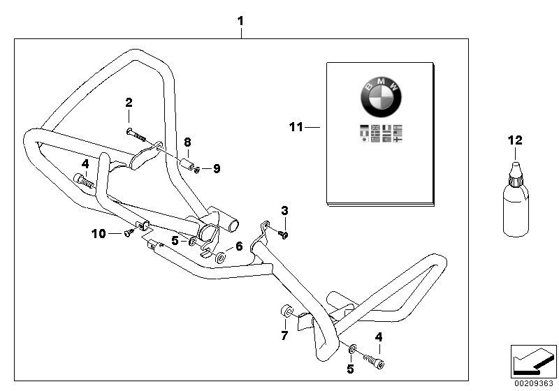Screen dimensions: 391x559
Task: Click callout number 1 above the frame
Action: coord(240,21)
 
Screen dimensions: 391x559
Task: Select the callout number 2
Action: coord(129,103)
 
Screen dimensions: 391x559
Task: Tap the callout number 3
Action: coord(284,210)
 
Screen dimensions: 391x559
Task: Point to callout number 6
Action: coord(239,246)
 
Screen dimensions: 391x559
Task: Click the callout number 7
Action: coord(284,337)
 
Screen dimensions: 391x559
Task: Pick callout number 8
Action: coord(187,142)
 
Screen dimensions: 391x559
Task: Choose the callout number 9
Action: coord(217,168)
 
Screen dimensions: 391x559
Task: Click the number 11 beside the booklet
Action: coord(296,127)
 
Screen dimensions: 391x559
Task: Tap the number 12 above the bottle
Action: coord(515,140)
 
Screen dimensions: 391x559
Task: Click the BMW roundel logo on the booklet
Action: coord(381,98)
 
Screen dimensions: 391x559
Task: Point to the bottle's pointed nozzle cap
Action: coord(515,168)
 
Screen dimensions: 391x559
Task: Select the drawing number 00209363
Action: coord(534,383)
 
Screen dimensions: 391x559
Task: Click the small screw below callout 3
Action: coord(283,234)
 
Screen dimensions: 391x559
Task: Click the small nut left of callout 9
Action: coord(198,168)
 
